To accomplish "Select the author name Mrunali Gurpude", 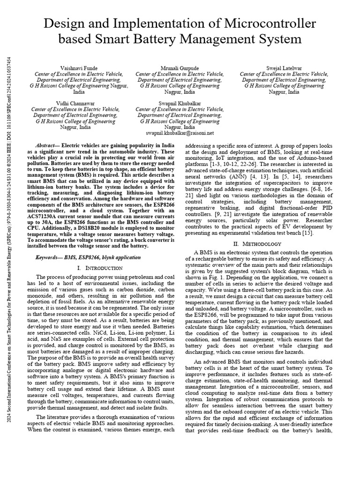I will (179, 68).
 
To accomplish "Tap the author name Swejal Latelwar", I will (284, 68).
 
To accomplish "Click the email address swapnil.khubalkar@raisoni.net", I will (180, 133).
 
